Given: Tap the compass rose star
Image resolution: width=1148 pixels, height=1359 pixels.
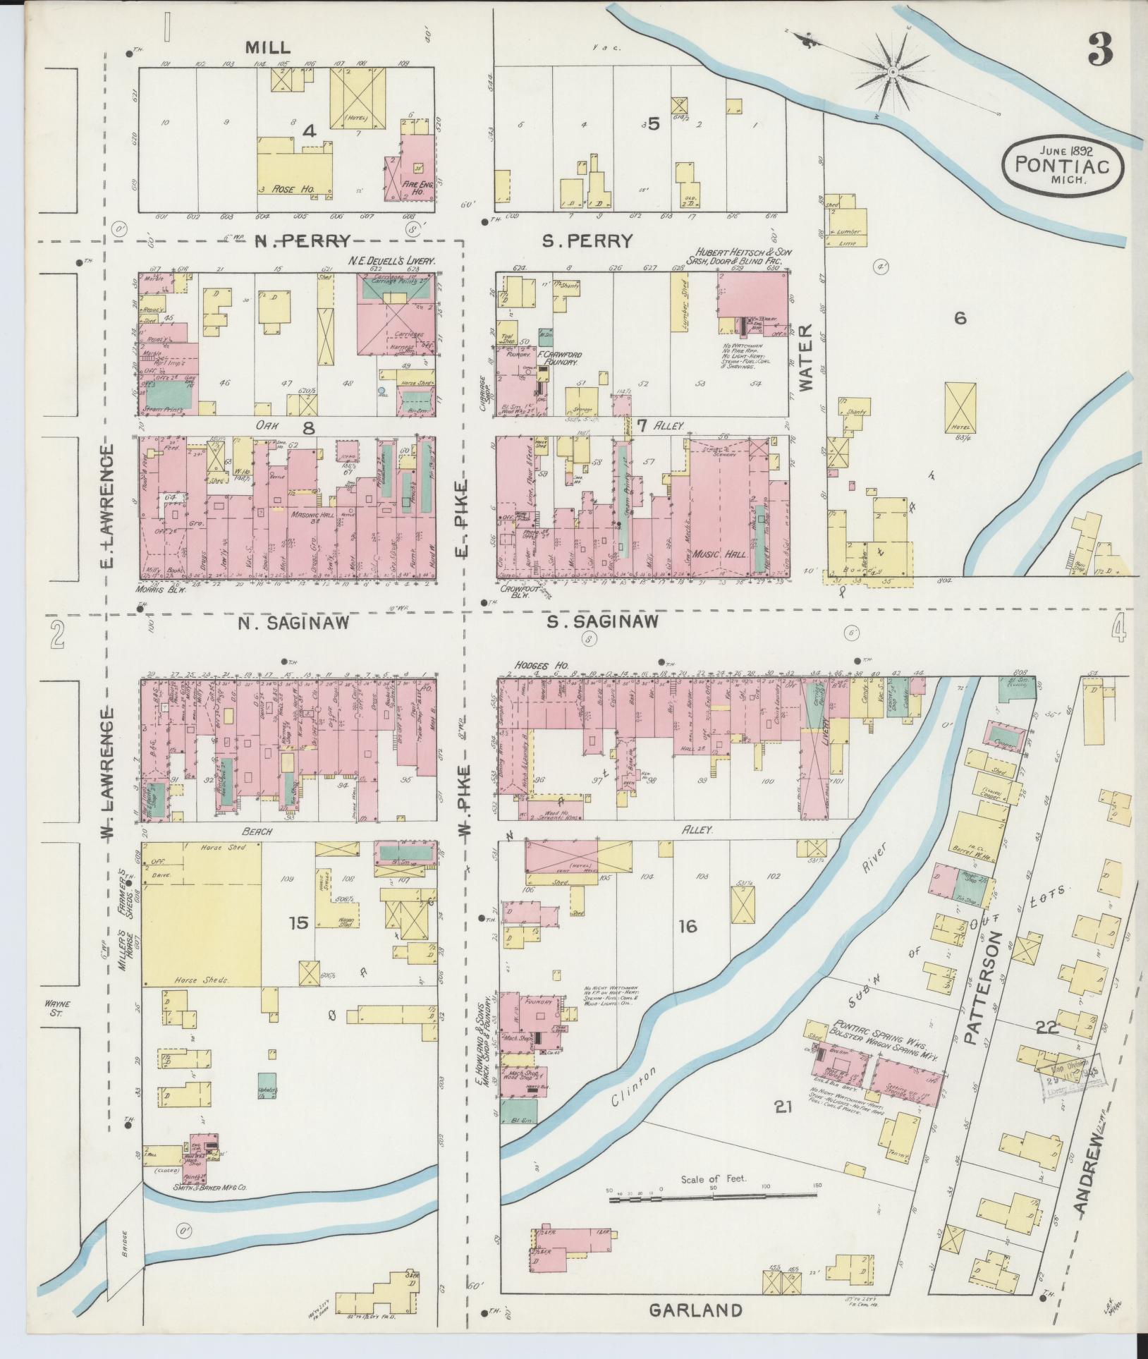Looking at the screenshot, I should pyautogui.click(x=892, y=73).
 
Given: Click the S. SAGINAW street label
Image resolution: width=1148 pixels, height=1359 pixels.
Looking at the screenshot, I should pyautogui.click(x=603, y=621).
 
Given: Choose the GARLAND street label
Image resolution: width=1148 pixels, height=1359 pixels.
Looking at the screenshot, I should pyautogui.click(x=695, y=1310).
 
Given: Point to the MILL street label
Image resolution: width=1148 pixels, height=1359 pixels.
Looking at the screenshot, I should pyautogui.click(x=267, y=47).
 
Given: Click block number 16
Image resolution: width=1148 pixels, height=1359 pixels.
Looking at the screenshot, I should pyautogui.click(x=688, y=926).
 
